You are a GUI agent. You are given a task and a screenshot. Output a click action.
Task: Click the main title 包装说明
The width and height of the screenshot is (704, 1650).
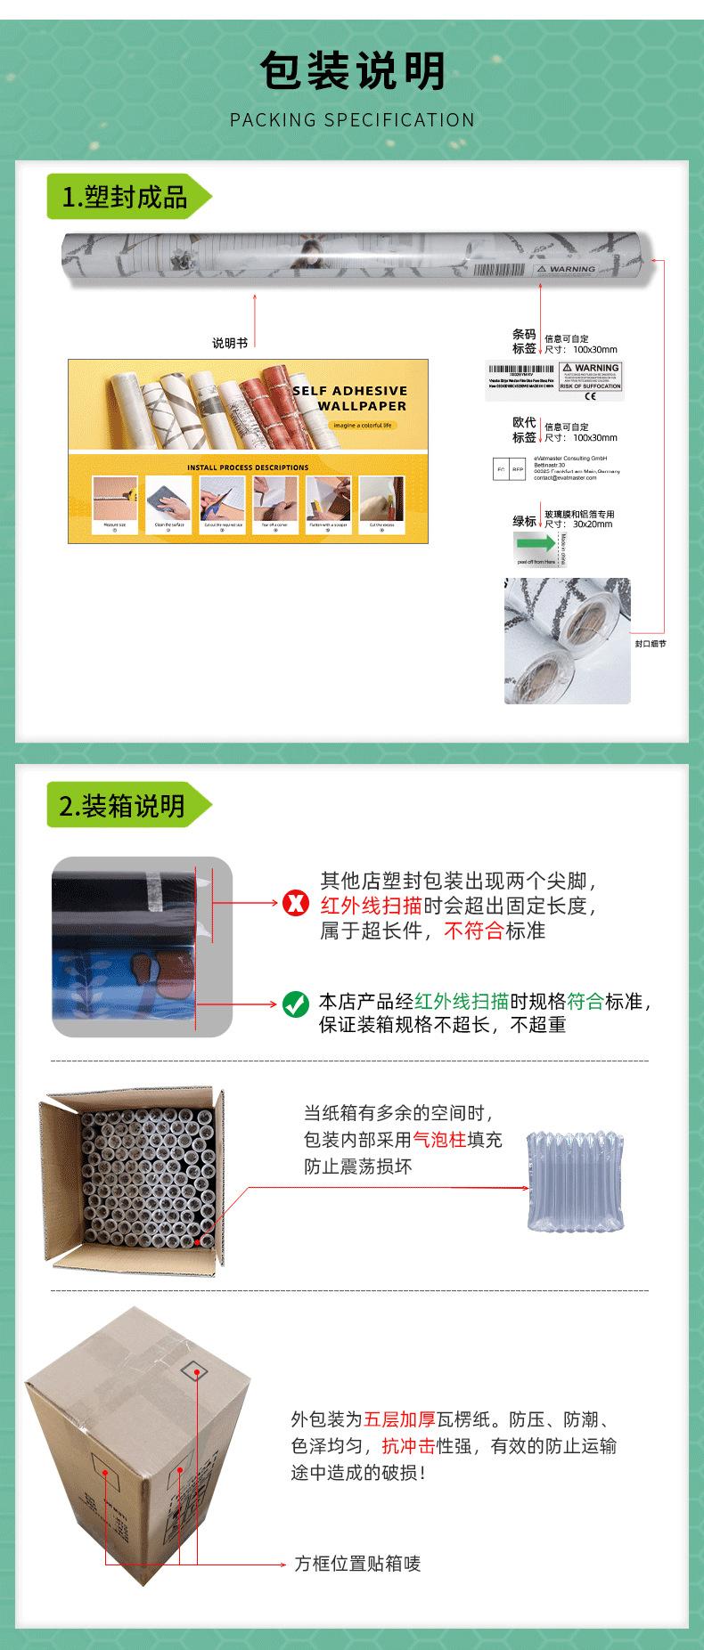[352, 71]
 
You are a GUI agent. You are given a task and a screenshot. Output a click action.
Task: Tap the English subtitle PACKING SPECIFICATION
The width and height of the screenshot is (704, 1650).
[352, 120]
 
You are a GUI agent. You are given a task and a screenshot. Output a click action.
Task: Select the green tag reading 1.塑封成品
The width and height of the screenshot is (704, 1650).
[126, 197]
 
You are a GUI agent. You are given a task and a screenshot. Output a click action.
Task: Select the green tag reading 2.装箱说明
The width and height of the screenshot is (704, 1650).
[124, 806]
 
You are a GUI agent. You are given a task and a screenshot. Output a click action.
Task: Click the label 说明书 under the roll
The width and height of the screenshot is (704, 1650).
[230, 343]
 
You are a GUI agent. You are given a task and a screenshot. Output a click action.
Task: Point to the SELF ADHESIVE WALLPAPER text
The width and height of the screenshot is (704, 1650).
[349, 398]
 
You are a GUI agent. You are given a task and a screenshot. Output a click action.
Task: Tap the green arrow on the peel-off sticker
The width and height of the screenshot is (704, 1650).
[535, 543]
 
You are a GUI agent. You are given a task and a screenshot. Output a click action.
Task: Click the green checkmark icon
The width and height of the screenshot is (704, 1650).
[295, 1004]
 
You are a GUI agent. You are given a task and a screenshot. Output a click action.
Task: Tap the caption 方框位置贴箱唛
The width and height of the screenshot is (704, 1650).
[357, 1564]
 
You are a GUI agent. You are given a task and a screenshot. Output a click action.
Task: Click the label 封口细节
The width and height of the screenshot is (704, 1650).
[651, 643]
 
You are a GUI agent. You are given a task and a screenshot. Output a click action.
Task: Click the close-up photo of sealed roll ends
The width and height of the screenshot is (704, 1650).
[567, 640]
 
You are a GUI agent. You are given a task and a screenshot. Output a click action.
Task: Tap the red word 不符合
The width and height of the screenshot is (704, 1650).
[473, 931]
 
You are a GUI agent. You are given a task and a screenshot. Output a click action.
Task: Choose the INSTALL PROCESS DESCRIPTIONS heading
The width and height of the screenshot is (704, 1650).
[248, 467]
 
